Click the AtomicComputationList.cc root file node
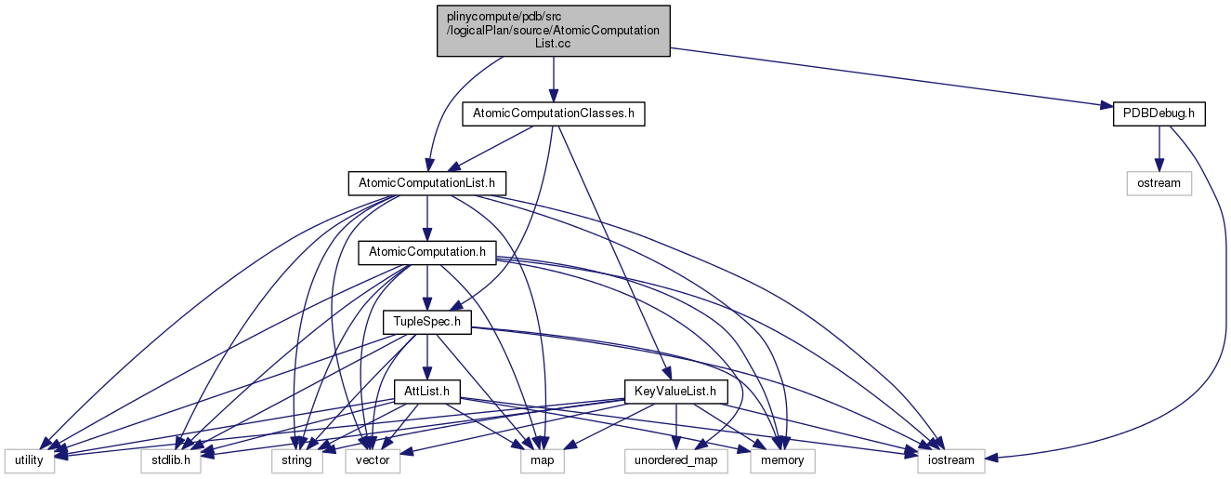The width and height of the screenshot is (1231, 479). [x=554, y=30]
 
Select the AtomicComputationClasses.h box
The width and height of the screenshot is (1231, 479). [x=554, y=113]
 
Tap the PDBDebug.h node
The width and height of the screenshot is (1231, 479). [x=1158, y=113]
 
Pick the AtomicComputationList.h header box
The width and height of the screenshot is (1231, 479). [x=426, y=182]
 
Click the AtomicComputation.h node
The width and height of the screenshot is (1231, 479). [x=426, y=251]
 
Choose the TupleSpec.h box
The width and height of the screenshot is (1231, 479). [x=427, y=322]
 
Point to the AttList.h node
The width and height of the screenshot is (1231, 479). [x=427, y=391]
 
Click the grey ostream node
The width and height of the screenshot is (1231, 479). [x=1159, y=182]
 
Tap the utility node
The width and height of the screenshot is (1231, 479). [x=30, y=459]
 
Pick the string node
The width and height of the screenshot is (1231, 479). [x=297, y=459]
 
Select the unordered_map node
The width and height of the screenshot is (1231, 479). [x=674, y=459]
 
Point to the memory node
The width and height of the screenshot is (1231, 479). [x=782, y=459]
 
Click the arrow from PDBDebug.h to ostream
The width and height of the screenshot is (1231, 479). [x=1159, y=148]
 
